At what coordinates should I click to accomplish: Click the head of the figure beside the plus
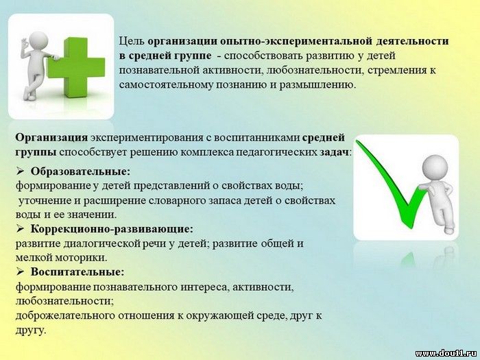pos(38,40)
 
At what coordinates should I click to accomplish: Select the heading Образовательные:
pos(80,171)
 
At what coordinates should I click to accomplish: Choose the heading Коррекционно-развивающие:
pos(112,228)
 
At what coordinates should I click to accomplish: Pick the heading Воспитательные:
pos(77,272)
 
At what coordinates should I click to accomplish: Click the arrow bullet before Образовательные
pos(20,171)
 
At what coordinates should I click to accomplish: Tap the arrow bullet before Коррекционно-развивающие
pos(20,229)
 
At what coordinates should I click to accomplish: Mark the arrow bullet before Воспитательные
pos(20,272)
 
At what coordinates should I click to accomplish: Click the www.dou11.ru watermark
pos(446,354)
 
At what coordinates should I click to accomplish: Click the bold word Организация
pos(51,138)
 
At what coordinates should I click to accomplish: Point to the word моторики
pos(81,258)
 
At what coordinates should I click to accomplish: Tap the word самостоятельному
pos(166,85)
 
